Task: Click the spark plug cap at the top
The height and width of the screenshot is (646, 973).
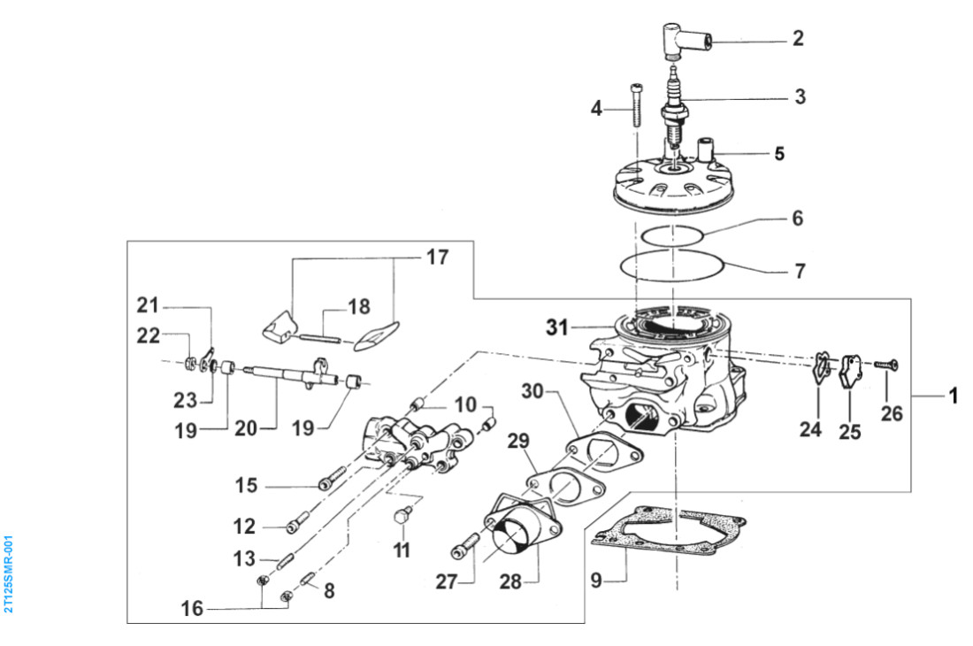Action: click(x=685, y=41)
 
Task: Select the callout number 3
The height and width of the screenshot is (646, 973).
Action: click(x=800, y=96)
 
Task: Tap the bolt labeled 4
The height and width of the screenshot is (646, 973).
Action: click(x=636, y=105)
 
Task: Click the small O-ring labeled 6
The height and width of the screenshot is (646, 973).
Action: click(x=671, y=235)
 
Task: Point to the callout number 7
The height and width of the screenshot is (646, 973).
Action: click(x=800, y=271)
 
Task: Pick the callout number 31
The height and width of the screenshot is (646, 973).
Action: click(x=556, y=327)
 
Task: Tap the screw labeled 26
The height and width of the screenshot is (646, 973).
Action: click(x=886, y=365)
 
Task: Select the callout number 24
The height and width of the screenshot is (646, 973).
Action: click(x=810, y=429)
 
